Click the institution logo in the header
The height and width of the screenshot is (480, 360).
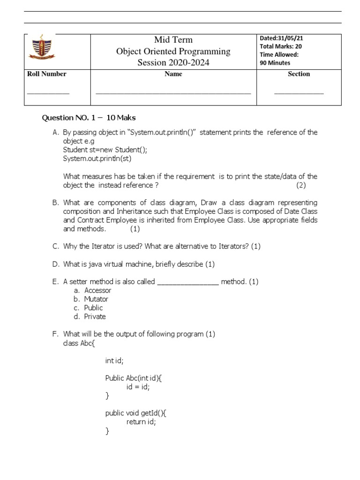[43, 48]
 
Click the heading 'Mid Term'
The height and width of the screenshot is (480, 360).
[173, 40]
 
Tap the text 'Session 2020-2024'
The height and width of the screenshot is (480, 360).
[173, 63]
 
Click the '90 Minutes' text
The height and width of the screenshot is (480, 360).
[275, 63]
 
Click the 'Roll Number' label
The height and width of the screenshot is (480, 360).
[47, 74]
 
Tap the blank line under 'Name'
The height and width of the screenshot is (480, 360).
[173, 93]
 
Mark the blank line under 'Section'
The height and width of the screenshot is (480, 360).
[299, 93]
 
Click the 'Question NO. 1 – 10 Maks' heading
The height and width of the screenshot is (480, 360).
[89, 118]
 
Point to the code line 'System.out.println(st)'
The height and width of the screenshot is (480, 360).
[97, 158]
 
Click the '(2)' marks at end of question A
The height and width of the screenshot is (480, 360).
[300, 185]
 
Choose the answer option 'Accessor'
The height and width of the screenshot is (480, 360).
[97, 291]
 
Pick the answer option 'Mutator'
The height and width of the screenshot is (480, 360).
[96, 299]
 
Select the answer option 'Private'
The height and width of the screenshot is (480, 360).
[95, 316]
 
